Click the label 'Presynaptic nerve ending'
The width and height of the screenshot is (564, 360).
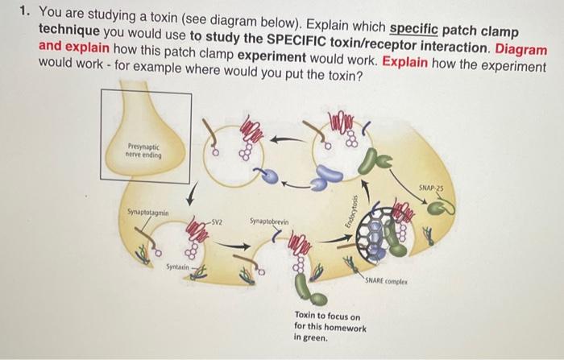tap(143, 151)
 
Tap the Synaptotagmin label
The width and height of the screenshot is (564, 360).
tap(147, 213)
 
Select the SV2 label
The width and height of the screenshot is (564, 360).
tap(217, 222)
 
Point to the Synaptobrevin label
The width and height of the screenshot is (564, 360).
tap(269, 221)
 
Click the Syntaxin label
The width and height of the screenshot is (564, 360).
tap(177, 267)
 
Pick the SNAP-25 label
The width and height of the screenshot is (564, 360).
tap(431, 188)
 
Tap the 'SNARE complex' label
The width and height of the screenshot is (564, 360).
tap(386, 281)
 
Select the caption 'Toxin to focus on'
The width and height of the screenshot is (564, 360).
tap(327, 316)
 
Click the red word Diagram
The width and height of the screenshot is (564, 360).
tap(520, 49)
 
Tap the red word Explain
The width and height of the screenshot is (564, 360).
tap(404, 62)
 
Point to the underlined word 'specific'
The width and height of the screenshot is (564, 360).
tap(413, 29)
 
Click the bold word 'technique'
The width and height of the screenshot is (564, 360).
tap(69, 31)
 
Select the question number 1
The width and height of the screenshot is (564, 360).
tap(24, 11)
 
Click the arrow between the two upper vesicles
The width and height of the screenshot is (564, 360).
tap(288, 139)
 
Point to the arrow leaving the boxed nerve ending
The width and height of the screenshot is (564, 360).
tap(193, 195)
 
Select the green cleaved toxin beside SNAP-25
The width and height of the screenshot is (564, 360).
tap(442, 208)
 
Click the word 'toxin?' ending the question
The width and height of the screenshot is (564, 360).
tap(345, 76)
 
